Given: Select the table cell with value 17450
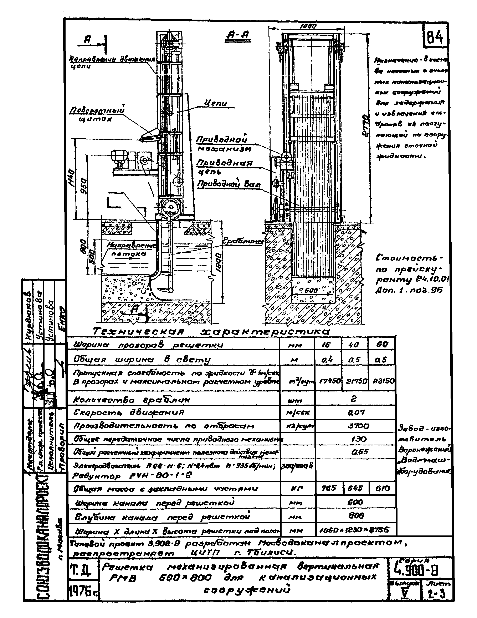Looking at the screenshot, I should tap(329, 381).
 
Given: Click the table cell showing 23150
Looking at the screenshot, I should tap(382, 381).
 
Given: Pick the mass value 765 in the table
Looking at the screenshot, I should tap(329, 488).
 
